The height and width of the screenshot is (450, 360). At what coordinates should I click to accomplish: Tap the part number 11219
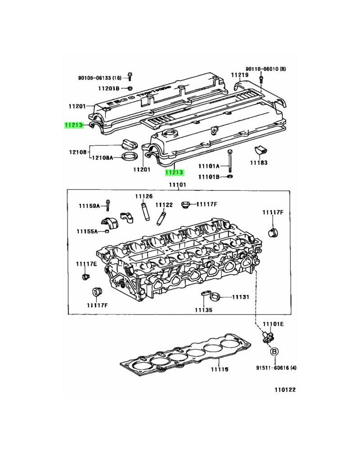click(x=239, y=75)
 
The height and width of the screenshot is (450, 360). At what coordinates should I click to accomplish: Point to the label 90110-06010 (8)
click(x=265, y=69)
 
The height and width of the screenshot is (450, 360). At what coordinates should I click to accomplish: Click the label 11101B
click(x=208, y=177)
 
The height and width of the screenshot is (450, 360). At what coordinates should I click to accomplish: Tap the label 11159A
click(x=89, y=206)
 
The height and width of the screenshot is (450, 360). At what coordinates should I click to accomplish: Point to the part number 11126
click(x=144, y=197)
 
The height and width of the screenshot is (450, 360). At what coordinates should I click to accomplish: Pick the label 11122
click(x=164, y=205)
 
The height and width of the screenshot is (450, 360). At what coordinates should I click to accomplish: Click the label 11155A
click(x=87, y=231)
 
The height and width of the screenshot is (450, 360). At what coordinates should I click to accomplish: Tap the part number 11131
click(x=240, y=297)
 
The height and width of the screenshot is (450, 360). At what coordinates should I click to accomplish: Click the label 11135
click(x=204, y=310)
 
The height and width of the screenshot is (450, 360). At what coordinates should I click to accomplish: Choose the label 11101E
click(x=273, y=324)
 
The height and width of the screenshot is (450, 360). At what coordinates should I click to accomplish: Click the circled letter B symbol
click(x=274, y=351)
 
